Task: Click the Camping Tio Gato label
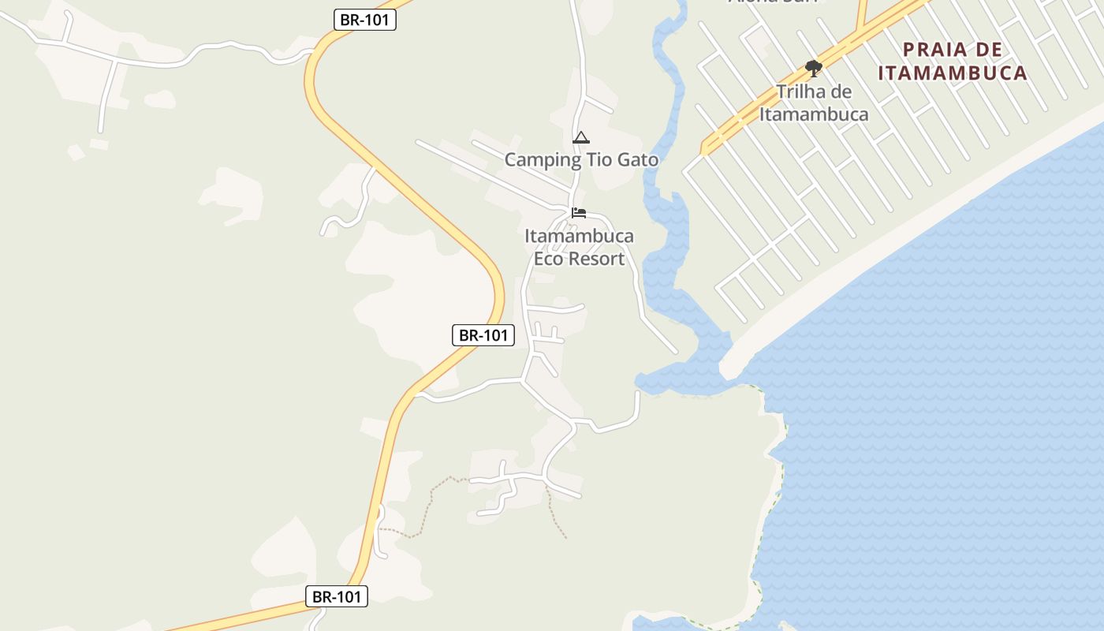[581, 159]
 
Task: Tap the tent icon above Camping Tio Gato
[581, 137]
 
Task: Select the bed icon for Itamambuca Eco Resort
[579, 213]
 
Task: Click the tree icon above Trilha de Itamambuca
[814, 69]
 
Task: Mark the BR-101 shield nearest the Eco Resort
[483, 335]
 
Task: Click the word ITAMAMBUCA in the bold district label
[953, 73]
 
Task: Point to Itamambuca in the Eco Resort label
[579, 236]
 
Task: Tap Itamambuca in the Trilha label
[814, 114]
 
